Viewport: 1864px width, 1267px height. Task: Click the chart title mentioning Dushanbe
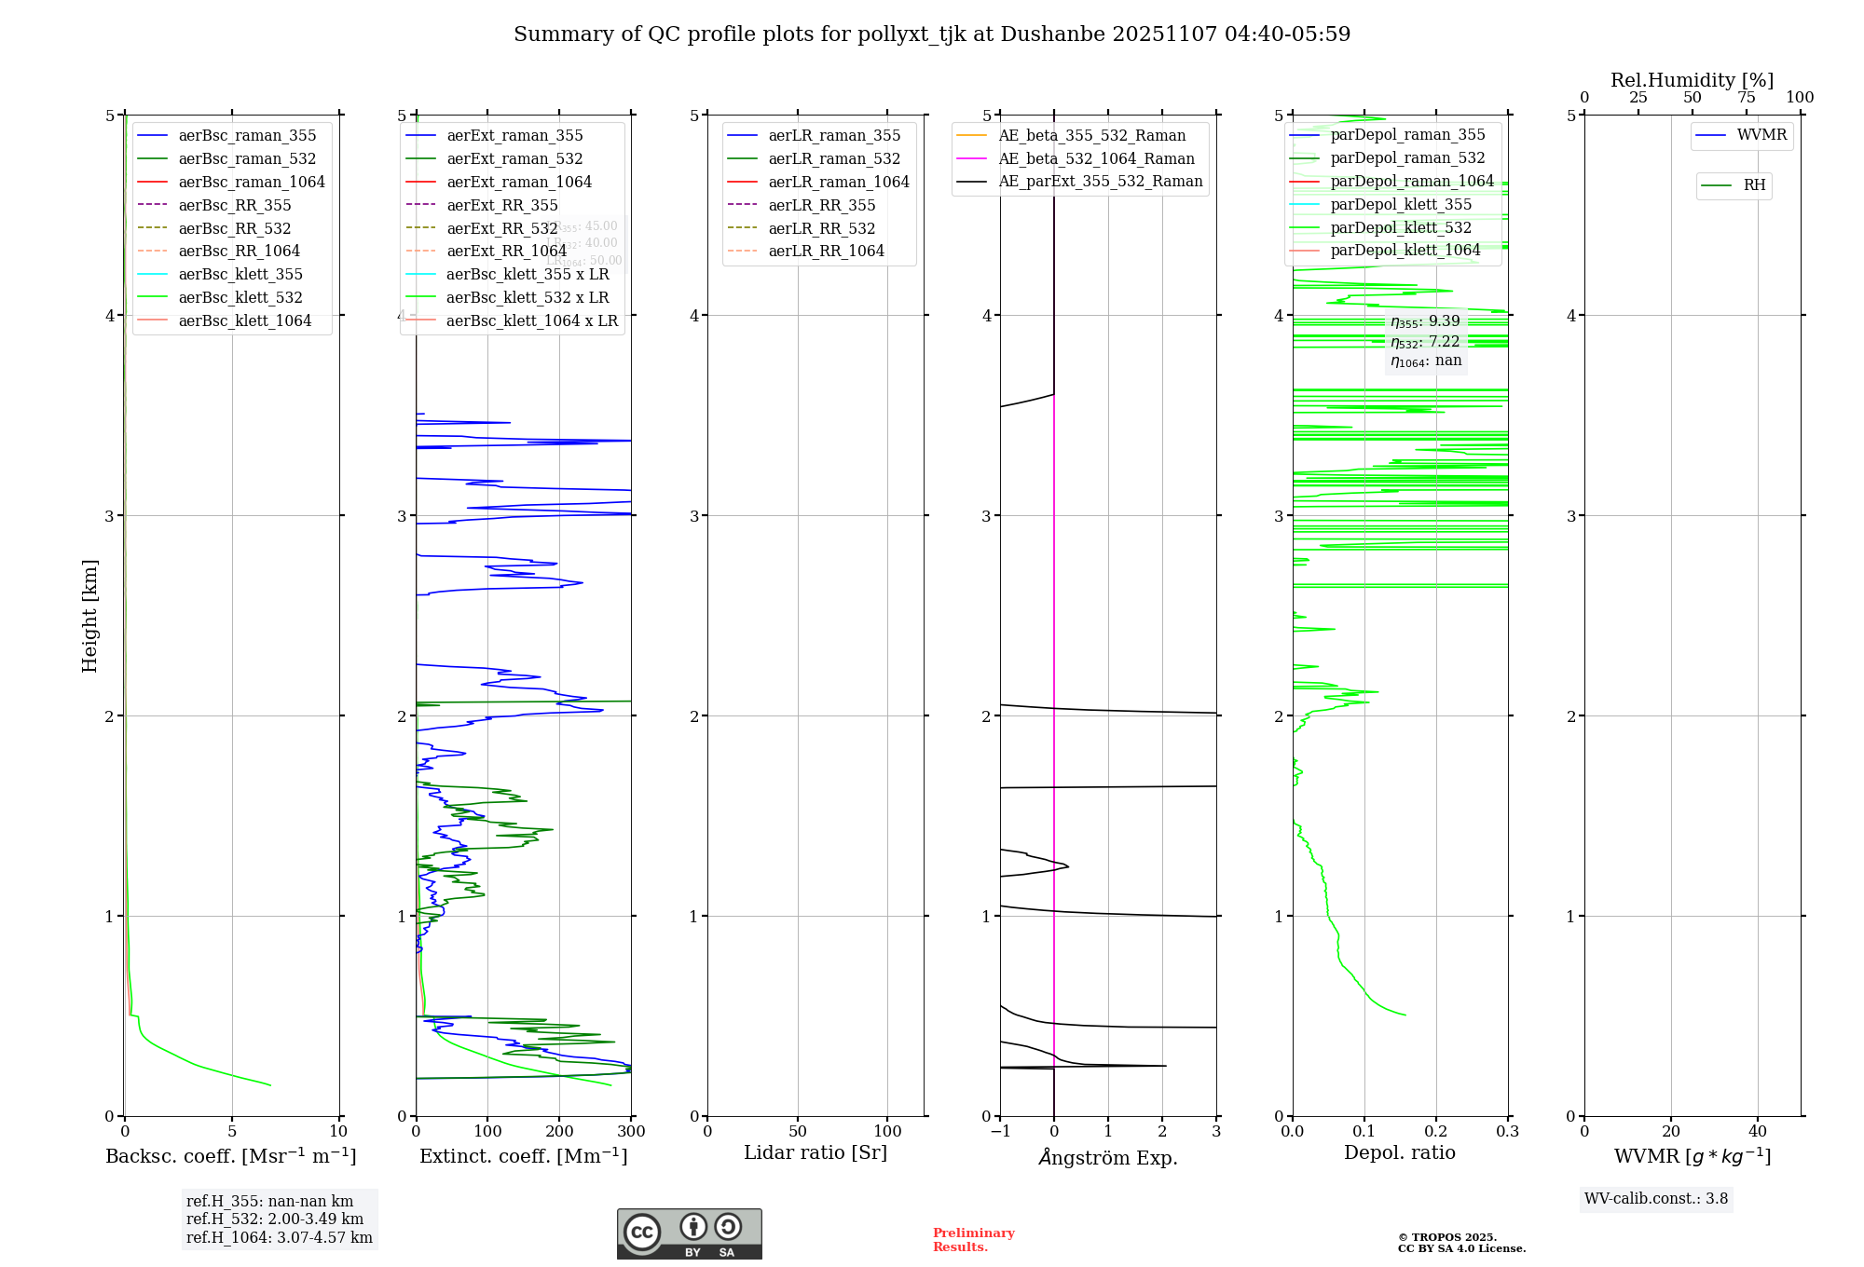tap(932, 34)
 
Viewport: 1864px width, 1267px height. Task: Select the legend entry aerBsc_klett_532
tap(240, 297)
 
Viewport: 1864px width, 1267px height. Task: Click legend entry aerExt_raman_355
tap(514, 136)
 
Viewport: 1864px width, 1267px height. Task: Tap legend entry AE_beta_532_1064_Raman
tap(1096, 159)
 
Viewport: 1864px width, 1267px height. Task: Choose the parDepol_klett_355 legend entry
tap(1401, 204)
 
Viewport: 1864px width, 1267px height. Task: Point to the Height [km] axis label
tap(89, 616)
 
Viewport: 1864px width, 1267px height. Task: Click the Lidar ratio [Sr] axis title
tap(815, 1153)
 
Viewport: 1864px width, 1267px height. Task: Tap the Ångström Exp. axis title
tap(1108, 1157)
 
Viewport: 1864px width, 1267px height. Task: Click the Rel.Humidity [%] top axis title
tap(1692, 80)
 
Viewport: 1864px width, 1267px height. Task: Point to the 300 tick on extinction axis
tap(632, 1132)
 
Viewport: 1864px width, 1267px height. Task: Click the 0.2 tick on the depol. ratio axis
tap(1436, 1132)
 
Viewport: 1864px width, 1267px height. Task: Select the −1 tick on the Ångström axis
tap(1000, 1132)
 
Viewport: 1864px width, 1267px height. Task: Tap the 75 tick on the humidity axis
tap(1747, 98)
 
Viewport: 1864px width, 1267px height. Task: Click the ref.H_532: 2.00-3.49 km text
tap(275, 1219)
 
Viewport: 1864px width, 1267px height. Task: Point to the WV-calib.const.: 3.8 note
tap(1656, 1199)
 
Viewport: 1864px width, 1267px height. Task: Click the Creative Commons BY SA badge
tap(689, 1233)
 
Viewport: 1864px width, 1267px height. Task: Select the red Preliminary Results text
tap(973, 1240)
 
